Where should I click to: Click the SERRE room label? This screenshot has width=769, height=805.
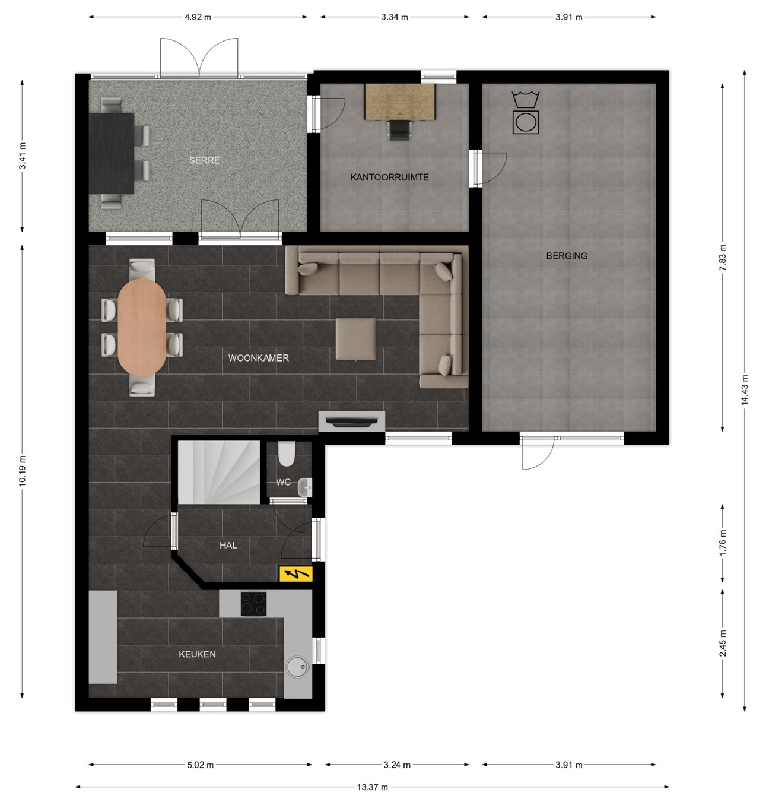coord(204,160)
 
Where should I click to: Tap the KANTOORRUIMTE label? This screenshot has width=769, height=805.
coord(389,177)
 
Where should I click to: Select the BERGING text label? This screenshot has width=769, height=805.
coord(567,256)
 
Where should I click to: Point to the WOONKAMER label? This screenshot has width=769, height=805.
coord(258,358)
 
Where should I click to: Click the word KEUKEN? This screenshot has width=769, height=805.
coord(197,654)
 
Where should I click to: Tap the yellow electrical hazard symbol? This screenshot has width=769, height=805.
coord(295,573)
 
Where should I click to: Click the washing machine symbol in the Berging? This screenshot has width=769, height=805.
coord(526,121)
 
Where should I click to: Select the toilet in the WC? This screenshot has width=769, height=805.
coord(287,454)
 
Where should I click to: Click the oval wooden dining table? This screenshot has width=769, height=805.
coord(142,327)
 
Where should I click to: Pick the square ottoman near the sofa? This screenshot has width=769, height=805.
coord(355,339)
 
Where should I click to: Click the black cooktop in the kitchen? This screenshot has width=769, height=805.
coord(253,604)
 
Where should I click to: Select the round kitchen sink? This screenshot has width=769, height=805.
coord(297,667)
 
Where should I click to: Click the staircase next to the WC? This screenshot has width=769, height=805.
coord(219,471)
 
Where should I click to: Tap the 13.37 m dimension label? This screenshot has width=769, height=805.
coord(372,787)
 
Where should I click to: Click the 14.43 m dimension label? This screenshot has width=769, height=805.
coord(744,390)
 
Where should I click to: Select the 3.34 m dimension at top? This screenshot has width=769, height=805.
coord(395,17)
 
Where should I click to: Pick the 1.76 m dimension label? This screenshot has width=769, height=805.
coord(722,543)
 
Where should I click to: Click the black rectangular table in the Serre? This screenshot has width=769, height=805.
coord(112,153)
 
